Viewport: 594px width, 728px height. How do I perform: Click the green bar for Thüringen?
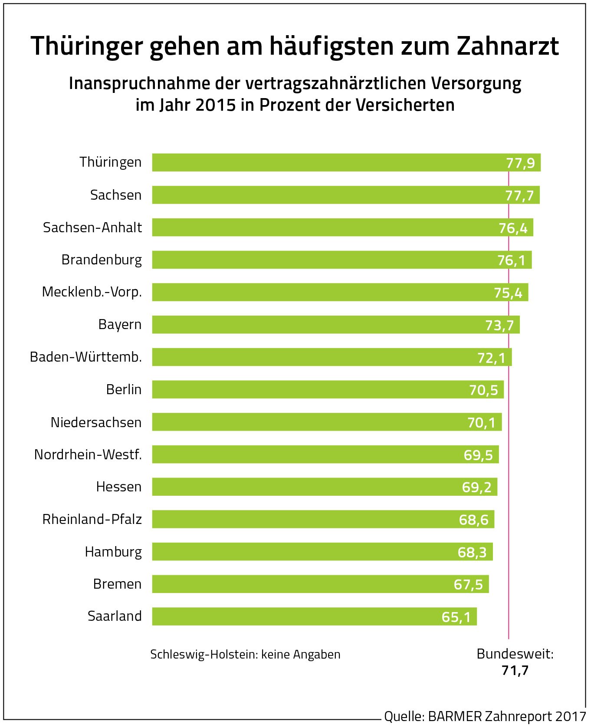[x=325, y=162]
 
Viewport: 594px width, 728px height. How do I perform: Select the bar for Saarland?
[x=304, y=616]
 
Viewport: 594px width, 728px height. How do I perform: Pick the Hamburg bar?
[x=312, y=552]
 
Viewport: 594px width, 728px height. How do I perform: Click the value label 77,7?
[x=519, y=196]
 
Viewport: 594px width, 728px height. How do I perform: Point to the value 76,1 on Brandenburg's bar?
[x=511, y=260]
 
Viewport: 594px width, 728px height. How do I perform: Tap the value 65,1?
[x=456, y=617]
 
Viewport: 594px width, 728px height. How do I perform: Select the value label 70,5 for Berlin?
[x=483, y=390]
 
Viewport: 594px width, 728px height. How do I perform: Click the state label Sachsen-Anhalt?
[x=92, y=227]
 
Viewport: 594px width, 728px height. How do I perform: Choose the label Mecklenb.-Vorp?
[x=92, y=292]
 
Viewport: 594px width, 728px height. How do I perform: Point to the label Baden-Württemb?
[x=86, y=357]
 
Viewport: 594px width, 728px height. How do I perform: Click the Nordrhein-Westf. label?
[x=88, y=455]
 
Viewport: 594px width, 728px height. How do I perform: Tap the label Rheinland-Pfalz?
[x=92, y=519]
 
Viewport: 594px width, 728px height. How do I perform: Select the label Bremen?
[x=117, y=584]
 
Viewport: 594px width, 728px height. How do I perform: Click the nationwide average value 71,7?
[x=515, y=671]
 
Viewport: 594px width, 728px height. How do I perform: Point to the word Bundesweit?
[x=515, y=654]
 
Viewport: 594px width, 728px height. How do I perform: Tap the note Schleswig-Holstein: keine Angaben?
[x=245, y=655]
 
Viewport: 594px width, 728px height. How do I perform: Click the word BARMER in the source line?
[x=455, y=716]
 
